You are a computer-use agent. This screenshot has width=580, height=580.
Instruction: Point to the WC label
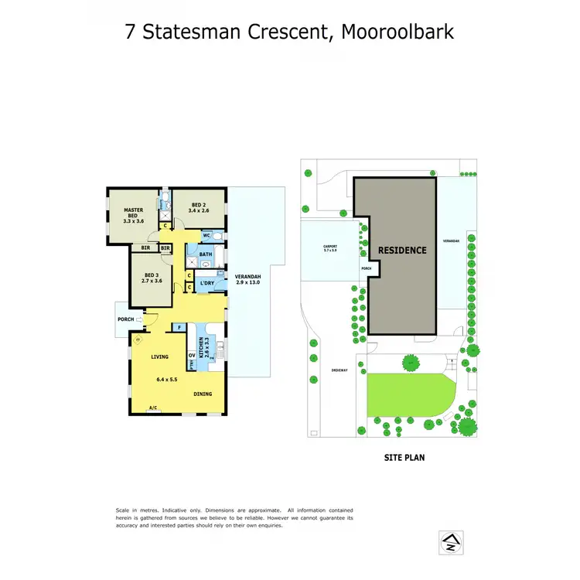click(206, 235)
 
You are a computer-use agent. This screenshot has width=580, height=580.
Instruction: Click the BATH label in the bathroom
click(205, 254)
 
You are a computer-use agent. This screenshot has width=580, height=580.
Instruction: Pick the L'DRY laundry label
click(206, 283)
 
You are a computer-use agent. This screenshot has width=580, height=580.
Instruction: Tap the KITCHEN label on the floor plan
click(201, 350)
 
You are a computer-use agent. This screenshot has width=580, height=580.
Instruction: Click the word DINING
click(203, 394)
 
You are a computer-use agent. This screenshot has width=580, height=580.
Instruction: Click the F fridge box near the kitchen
click(179, 328)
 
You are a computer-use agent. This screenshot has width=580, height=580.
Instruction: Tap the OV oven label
click(191, 356)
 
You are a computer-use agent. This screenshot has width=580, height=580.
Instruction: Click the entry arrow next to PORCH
click(139, 319)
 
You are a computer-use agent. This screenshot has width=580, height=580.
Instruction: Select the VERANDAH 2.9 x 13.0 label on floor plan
click(247, 280)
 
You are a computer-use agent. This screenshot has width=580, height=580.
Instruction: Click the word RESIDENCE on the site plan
click(401, 250)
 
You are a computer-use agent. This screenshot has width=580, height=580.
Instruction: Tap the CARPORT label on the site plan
click(330, 249)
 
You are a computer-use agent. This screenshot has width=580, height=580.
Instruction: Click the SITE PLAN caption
click(404, 458)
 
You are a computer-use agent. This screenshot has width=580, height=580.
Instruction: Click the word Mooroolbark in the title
click(397, 32)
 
